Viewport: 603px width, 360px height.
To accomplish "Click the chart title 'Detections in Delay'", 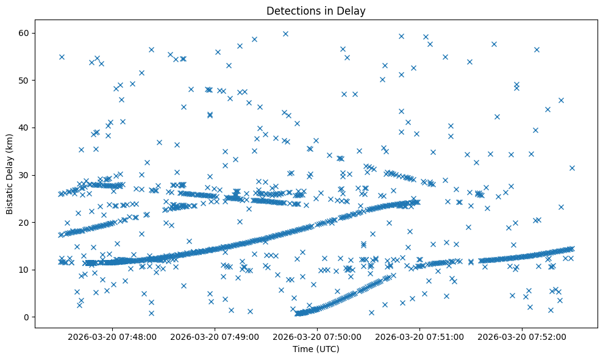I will [x=316, y=10].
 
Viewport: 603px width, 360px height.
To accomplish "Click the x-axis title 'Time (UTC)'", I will [x=316, y=349].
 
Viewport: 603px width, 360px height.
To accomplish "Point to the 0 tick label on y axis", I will [x=26, y=317].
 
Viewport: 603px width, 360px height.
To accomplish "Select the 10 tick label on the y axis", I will [x=24, y=270].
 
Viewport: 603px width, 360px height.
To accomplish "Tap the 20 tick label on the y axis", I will [x=24, y=222].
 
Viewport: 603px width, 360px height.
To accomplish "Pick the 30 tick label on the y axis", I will [x=24, y=175].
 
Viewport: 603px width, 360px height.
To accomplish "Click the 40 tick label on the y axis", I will [x=24, y=128].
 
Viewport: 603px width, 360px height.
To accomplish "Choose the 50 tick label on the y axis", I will [x=24, y=80].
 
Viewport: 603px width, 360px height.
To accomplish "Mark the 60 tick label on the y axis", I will [x=24, y=33].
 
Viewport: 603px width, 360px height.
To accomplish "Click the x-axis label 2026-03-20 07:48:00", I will [x=113, y=336].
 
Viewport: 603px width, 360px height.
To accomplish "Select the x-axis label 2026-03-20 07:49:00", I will [x=215, y=336].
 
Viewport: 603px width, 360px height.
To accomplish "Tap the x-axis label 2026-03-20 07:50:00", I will [x=318, y=336].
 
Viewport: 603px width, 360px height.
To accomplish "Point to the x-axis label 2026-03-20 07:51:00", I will [x=420, y=336].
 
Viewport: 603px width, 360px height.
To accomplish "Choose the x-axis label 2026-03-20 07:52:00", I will [x=523, y=336].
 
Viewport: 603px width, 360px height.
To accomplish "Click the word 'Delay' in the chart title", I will [x=353, y=10].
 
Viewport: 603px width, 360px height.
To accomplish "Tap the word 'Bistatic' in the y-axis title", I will [x=10, y=196].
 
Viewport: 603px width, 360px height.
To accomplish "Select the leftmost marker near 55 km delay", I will [x=62, y=57].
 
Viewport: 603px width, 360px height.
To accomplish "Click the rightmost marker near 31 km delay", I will [x=572, y=168].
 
